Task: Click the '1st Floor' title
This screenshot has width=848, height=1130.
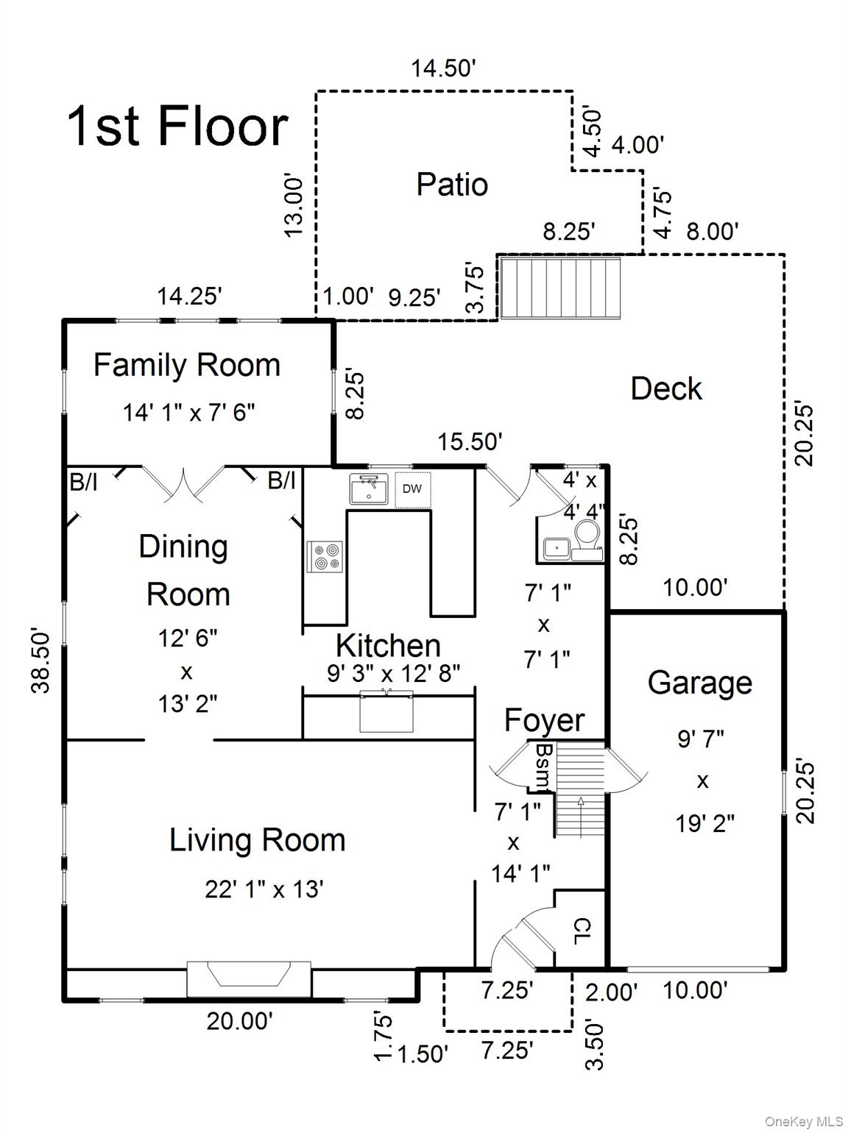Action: [177, 127]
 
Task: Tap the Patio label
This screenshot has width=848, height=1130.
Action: [452, 184]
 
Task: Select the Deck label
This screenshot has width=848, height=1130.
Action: [665, 388]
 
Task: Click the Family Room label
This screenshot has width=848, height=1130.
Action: [187, 365]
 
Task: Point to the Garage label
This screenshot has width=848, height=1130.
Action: [699, 683]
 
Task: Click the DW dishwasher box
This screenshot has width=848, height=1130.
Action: [412, 489]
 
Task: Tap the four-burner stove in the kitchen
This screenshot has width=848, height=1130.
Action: [325, 557]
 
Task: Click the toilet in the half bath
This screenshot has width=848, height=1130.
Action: [587, 533]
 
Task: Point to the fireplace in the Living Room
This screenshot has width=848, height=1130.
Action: [249, 977]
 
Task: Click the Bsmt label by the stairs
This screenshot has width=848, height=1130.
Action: [544, 766]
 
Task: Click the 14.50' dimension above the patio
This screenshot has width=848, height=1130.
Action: [444, 68]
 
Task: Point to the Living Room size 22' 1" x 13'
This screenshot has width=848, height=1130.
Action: [264, 889]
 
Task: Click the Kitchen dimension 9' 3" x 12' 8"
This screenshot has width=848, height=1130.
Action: [394, 672]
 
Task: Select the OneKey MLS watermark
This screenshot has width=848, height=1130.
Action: [804, 1121]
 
